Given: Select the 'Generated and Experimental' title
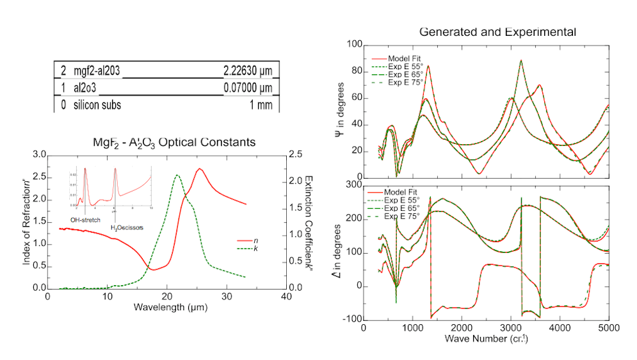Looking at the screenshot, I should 497,31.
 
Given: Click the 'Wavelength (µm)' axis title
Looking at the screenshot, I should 166,307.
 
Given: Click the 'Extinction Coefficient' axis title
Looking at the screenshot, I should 309,220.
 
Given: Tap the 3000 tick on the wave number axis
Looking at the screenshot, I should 510,327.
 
